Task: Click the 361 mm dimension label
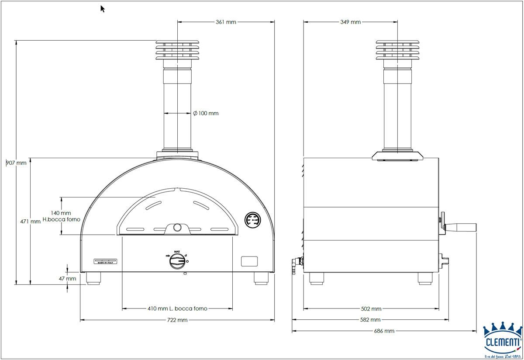click(x=226, y=22)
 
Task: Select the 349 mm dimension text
click(x=350, y=22)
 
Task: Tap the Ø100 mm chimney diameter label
click(x=206, y=113)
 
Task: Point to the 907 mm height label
click(x=16, y=163)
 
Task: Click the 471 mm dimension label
click(x=30, y=222)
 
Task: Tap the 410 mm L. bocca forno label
click(x=177, y=308)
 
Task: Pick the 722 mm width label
click(x=177, y=320)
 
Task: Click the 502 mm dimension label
click(x=371, y=309)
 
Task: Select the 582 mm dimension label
click(x=370, y=320)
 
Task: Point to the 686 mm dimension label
click(x=384, y=331)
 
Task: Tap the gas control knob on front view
click(x=177, y=261)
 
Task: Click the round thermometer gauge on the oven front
click(x=253, y=220)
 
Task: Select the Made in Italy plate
click(x=107, y=261)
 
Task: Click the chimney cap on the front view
click(x=177, y=51)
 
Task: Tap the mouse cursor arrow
click(x=103, y=9)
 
